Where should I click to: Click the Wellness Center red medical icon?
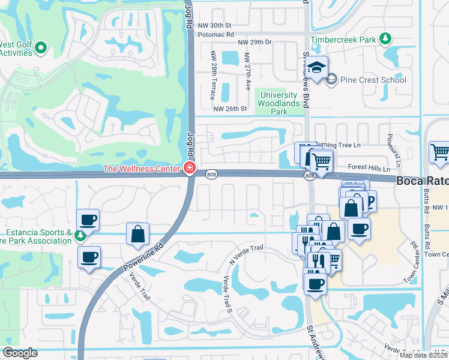pyautogui.click(x=190, y=168)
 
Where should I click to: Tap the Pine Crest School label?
pyautogui.click(x=373, y=80)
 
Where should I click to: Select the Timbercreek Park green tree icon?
pyautogui.click(x=386, y=40)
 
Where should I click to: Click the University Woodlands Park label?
pyautogui.click(x=277, y=103)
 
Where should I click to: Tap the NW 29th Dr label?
pyautogui.click(x=255, y=42)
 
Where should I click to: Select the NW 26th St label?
pyautogui.click(x=231, y=109)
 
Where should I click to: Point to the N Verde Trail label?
pyautogui.click(x=247, y=257)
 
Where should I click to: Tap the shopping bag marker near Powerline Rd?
pyautogui.click(x=138, y=233)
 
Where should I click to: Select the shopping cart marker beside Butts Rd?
pyautogui.click(x=440, y=152)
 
